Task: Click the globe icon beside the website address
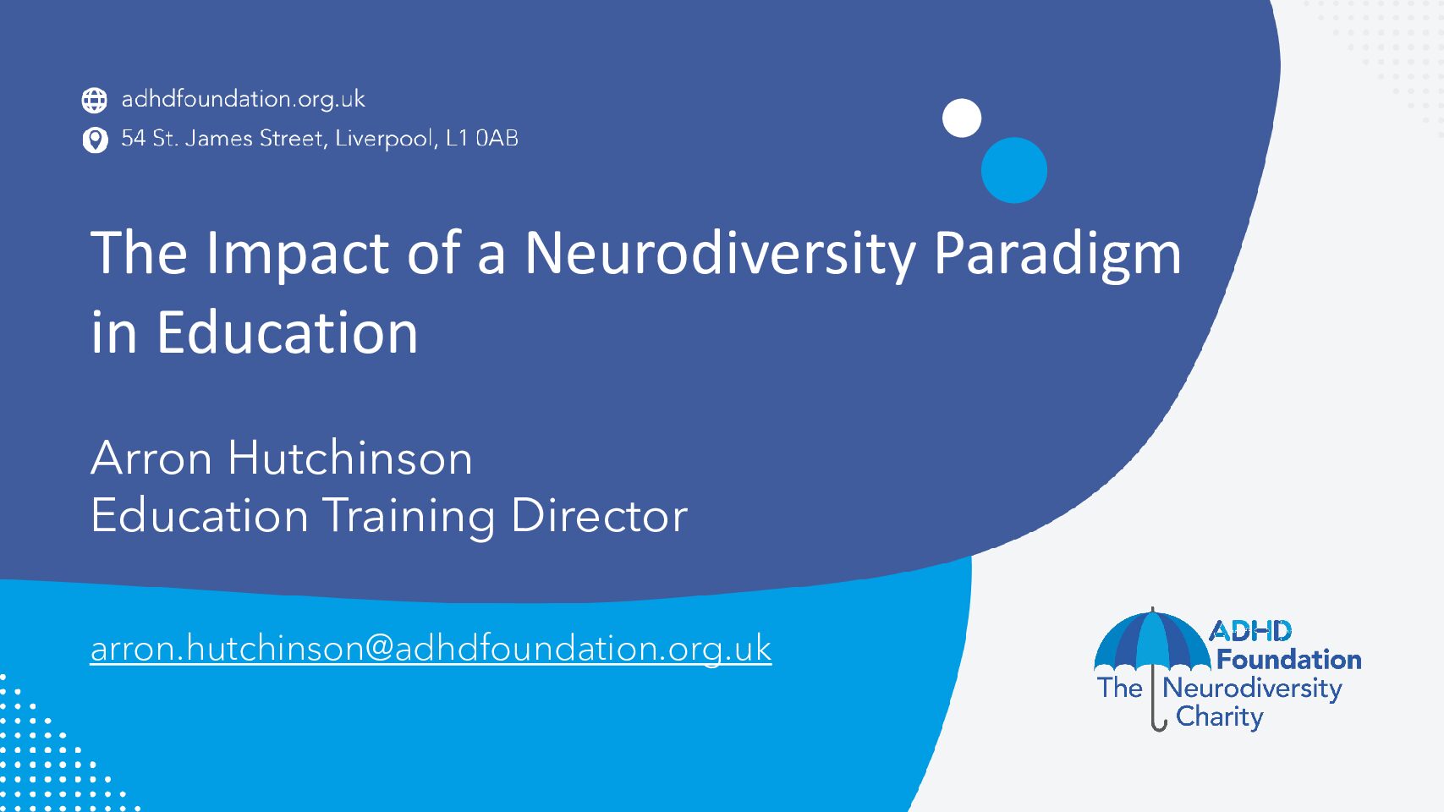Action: click(94, 100)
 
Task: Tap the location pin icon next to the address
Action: click(96, 140)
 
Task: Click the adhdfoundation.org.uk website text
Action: click(243, 99)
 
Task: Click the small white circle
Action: click(962, 118)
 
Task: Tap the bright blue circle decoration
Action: click(1014, 170)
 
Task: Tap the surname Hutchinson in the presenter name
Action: click(350, 458)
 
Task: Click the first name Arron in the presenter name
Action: click(151, 458)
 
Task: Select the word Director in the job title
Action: click(599, 516)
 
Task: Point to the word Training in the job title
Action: click(409, 517)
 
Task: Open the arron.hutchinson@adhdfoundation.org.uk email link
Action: click(431, 648)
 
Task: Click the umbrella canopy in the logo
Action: click(1153, 640)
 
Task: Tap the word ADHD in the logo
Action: click(1250, 631)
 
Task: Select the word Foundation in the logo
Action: click(1288, 660)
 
